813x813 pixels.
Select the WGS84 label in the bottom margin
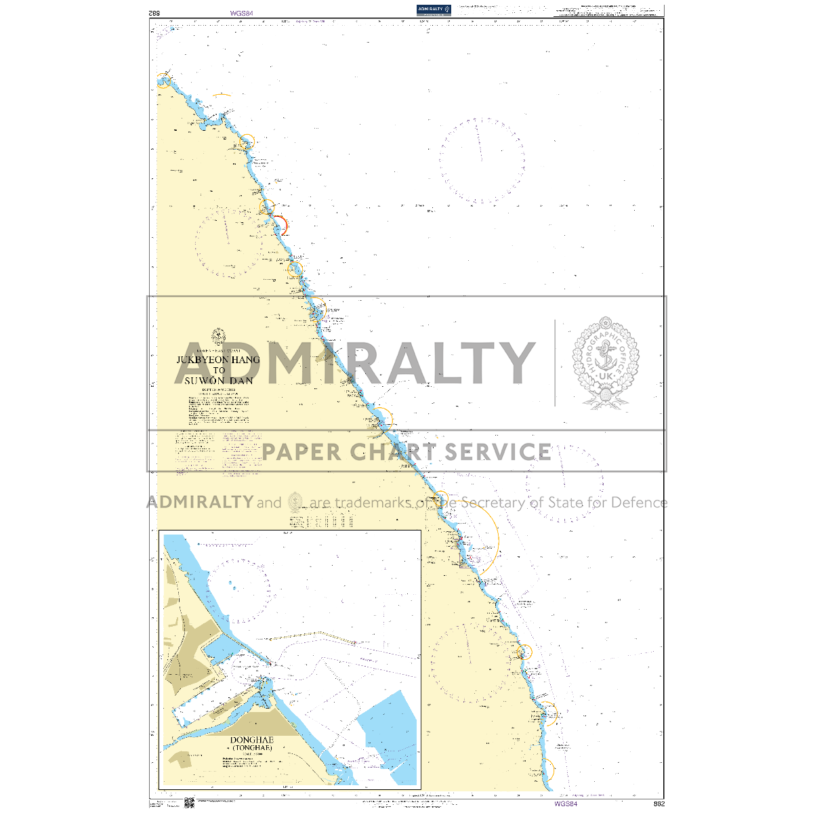coord(565,804)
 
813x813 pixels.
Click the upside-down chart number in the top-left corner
coord(154,12)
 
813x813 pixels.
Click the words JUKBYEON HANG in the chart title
coord(218,360)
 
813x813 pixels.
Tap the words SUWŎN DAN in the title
coord(219,381)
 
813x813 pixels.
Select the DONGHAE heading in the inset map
coord(252,740)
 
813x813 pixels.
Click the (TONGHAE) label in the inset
coord(252,748)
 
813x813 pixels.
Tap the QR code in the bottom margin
coord(189,803)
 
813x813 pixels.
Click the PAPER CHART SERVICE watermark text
coord(406,451)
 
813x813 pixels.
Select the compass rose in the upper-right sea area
coord(482,161)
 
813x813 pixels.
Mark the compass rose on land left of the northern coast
coord(229,243)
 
